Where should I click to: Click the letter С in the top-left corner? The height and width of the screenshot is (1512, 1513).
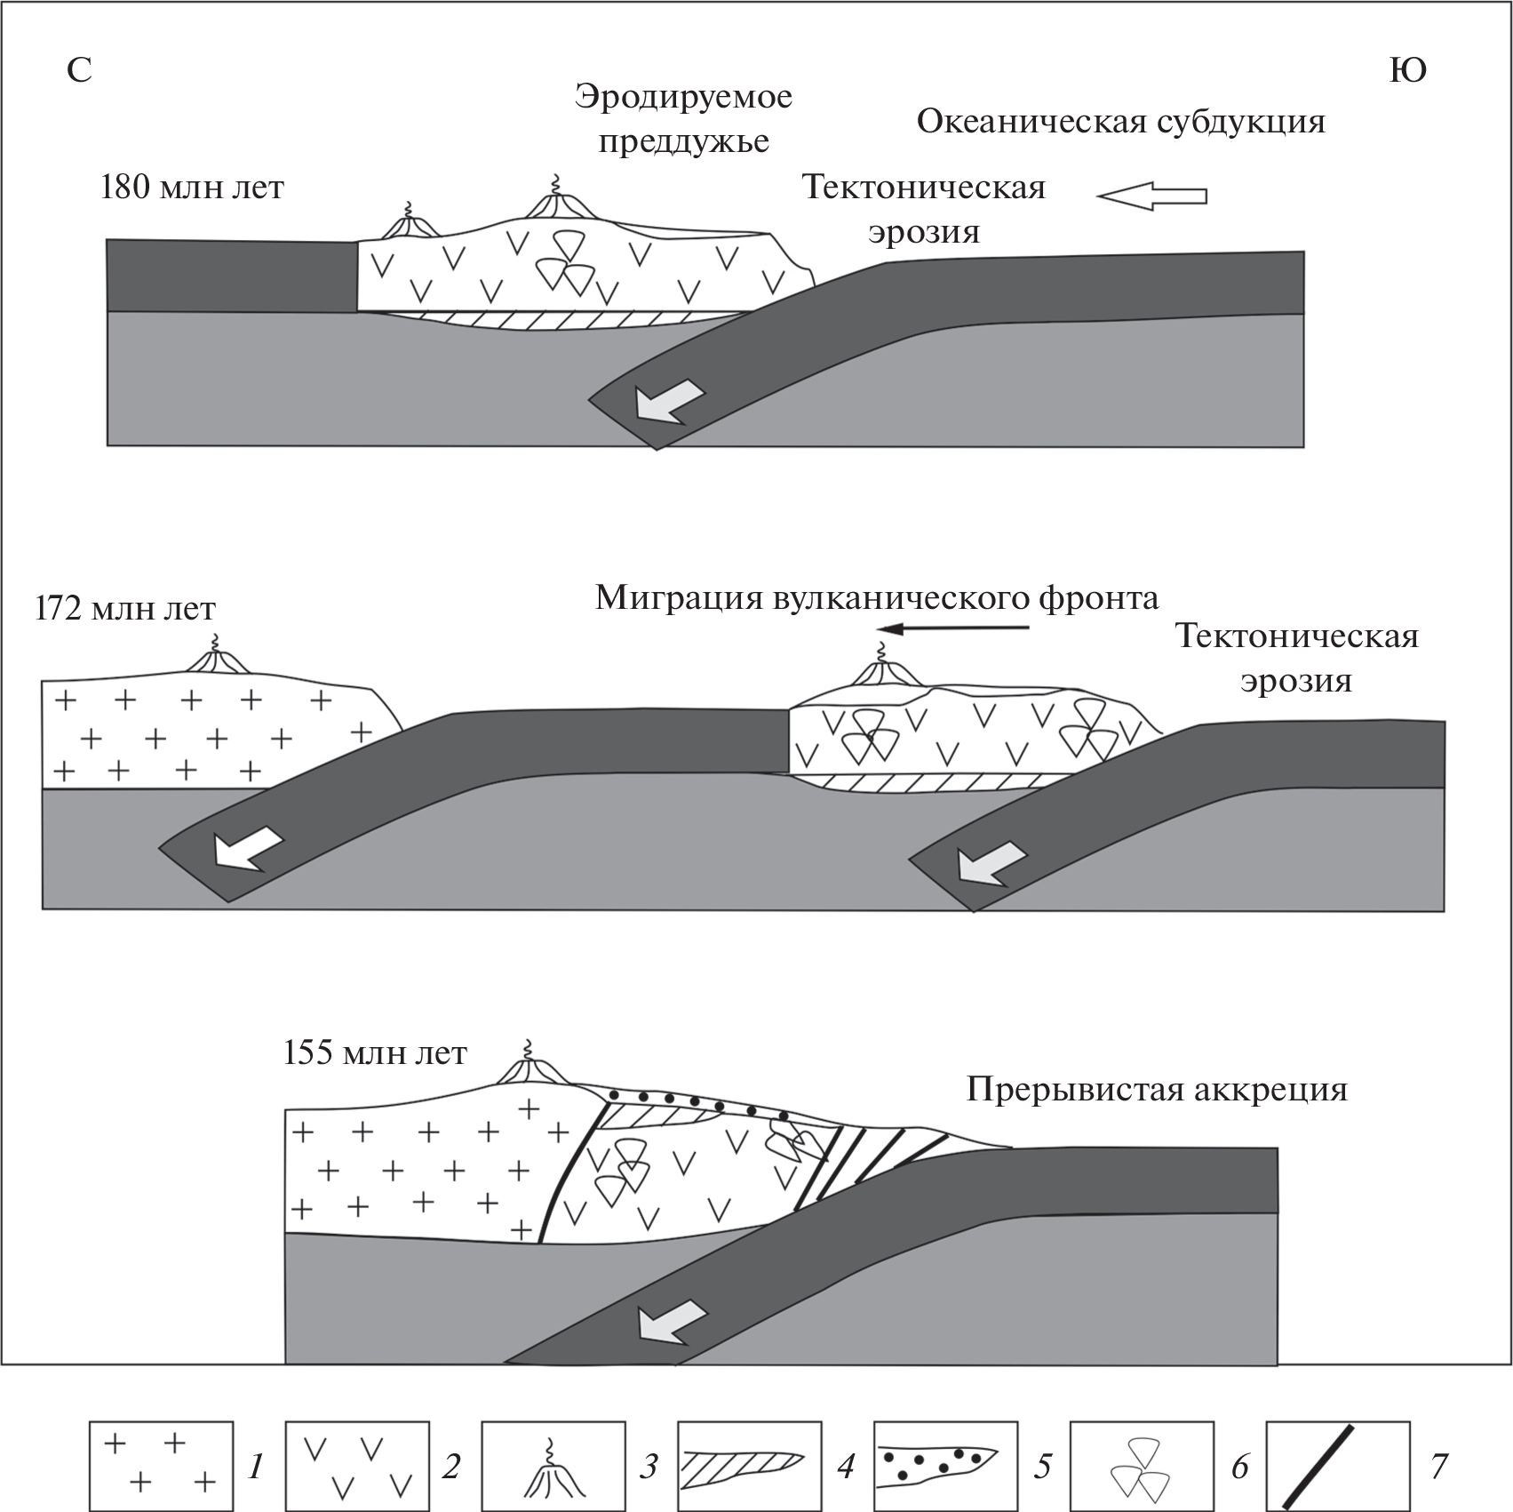79,70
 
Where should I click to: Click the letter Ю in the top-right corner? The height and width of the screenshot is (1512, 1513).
1407,70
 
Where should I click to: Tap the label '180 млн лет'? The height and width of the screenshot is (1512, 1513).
192,188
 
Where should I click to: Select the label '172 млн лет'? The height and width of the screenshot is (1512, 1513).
125,609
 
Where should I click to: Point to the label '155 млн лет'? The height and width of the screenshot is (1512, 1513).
375,1053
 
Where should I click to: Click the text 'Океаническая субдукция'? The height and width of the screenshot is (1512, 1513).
1120,122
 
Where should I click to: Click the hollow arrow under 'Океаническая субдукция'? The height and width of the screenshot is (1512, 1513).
1151,196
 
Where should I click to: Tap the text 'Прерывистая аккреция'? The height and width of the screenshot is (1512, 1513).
1157,1089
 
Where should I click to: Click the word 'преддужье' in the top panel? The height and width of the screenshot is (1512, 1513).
683,141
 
